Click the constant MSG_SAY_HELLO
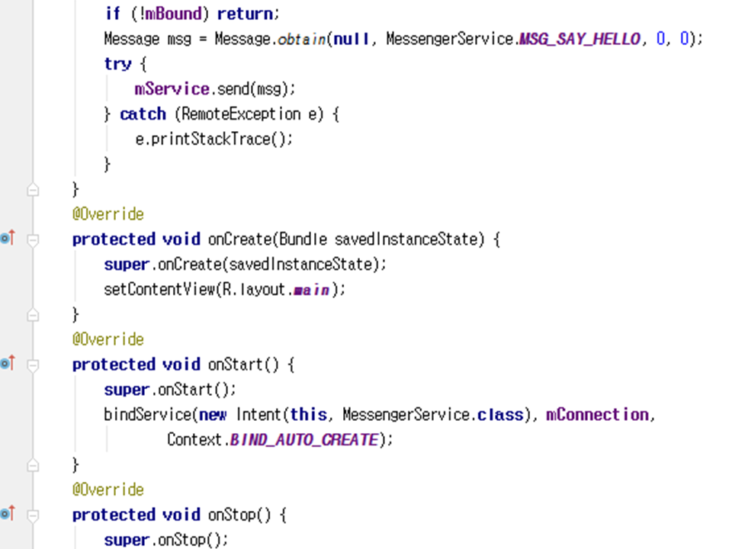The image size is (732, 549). [x=579, y=39]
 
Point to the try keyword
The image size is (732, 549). [x=117, y=64]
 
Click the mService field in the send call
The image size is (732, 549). [x=172, y=89]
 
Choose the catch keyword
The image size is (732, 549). [x=143, y=114]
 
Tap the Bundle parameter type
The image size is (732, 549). [x=304, y=239]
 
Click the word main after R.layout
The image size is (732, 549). [x=312, y=290]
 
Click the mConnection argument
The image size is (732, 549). [x=596, y=415]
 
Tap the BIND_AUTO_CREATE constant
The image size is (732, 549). [x=303, y=440]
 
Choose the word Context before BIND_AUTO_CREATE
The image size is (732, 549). [x=195, y=440]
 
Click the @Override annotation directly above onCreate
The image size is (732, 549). [x=108, y=214]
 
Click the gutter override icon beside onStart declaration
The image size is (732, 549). [x=8, y=364]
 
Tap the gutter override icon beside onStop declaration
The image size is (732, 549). [x=8, y=514]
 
